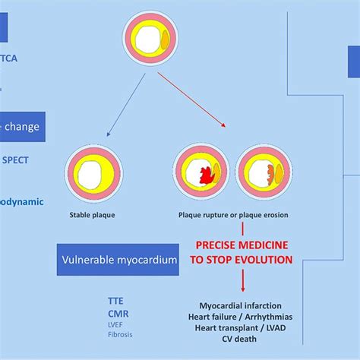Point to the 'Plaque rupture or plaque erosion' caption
[232, 214]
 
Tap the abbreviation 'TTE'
[116, 301]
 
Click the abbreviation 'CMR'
[118, 312]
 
